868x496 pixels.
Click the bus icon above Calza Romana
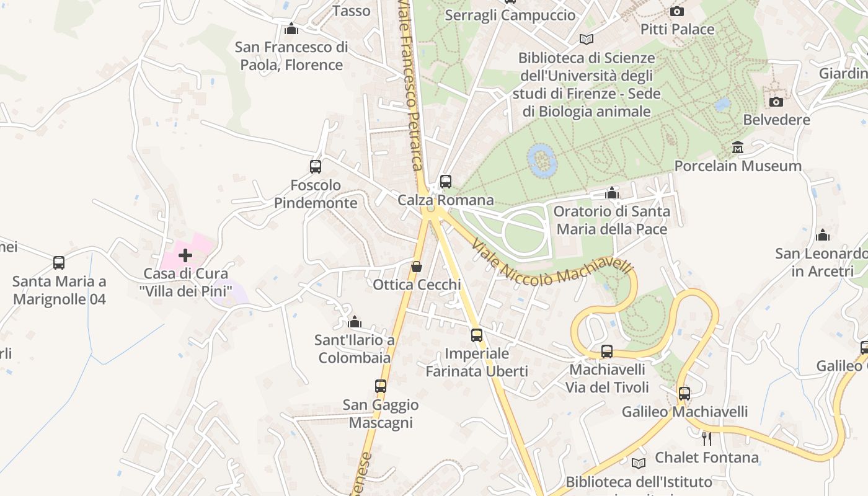(445, 182)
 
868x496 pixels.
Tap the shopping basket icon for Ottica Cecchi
(417, 267)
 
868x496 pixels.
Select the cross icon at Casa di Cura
(185, 255)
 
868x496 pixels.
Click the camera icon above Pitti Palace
(677, 11)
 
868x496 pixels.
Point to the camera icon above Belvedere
(776, 102)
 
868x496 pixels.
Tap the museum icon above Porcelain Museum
(738, 148)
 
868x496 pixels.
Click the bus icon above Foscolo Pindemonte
(316, 167)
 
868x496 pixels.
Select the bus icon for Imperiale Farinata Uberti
(476, 335)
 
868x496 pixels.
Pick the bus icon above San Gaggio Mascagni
(381, 386)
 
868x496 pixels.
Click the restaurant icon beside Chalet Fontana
(706, 439)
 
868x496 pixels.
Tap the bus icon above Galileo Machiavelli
(684, 394)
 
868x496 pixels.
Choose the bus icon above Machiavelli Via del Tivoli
(607, 352)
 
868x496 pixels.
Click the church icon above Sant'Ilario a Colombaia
(355, 322)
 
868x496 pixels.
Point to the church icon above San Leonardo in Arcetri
(823, 235)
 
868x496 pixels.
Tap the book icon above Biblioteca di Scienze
(586, 40)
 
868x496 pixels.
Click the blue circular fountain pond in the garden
(542, 161)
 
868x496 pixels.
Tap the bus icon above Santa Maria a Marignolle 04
(59, 263)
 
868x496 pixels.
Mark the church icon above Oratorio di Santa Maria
(612, 193)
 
